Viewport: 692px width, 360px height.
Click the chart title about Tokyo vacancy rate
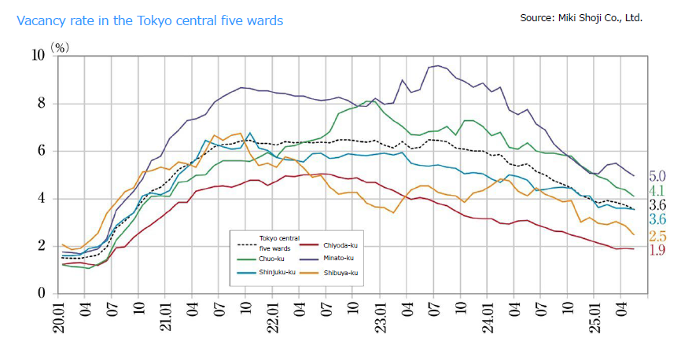tap(149, 20)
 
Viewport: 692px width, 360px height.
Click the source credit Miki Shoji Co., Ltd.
tap(581, 17)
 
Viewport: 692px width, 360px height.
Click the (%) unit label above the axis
tap(61, 47)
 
